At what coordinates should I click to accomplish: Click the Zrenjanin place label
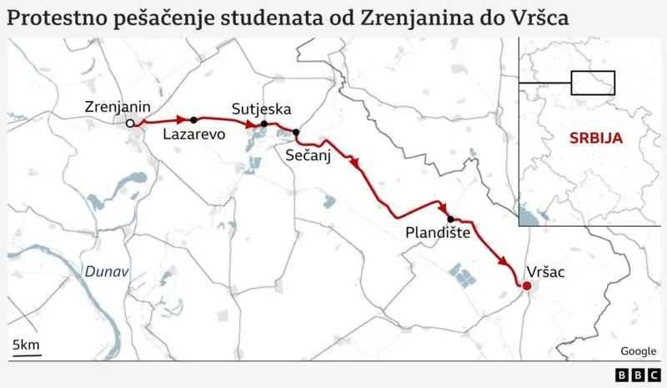[118, 106]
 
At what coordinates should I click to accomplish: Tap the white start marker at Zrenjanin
[130, 123]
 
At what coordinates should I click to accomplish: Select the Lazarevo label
[194, 134]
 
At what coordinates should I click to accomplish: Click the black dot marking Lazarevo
[193, 119]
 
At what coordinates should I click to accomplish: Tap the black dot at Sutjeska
[263, 124]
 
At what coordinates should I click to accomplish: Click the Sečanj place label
[308, 155]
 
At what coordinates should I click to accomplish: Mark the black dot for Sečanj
[296, 132]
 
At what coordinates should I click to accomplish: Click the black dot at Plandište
[450, 219]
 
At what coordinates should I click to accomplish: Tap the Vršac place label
[548, 271]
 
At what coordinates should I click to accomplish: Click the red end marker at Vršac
[526, 287]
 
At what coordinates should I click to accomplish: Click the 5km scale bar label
[26, 345]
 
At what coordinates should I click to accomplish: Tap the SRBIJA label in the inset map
[596, 138]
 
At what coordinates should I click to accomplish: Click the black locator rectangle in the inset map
[592, 82]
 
